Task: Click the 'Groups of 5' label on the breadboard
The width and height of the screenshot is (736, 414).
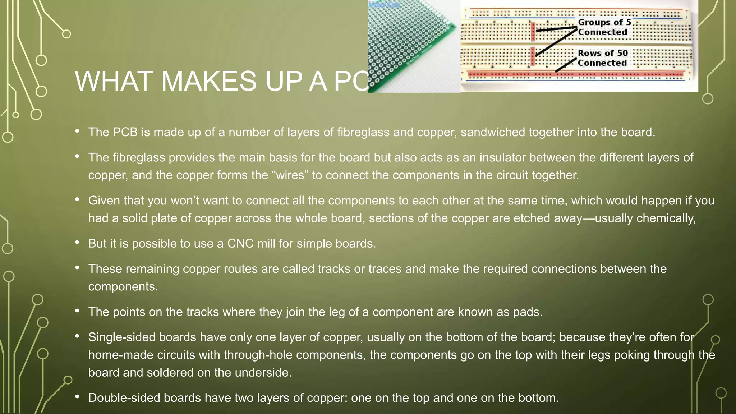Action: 604,22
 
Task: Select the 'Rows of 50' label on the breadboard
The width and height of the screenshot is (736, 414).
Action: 603,53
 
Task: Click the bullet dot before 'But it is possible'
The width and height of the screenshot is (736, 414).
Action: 77,243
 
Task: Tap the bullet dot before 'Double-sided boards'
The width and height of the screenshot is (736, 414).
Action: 77,397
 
